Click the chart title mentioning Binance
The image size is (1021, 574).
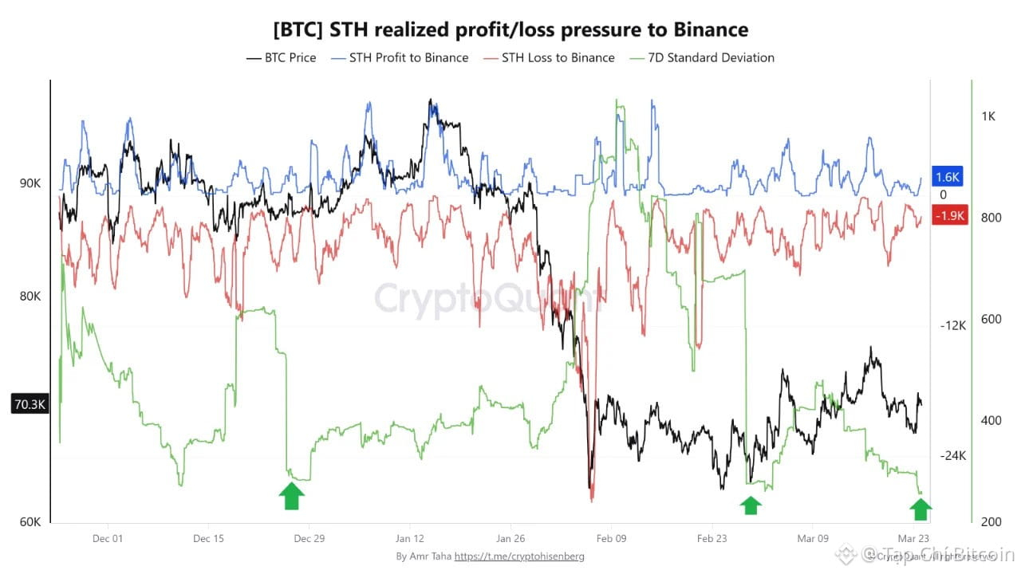(x=510, y=30)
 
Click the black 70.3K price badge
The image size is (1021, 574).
(x=30, y=404)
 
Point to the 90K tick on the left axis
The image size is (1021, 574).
(x=30, y=183)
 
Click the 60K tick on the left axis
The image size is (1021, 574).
(x=30, y=522)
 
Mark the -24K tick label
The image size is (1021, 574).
(x=952, y=456)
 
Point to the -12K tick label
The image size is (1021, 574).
(x=952, y=325)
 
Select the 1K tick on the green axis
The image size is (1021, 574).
(x=987, y=116)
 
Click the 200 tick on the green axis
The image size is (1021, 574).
(x=987, y=521)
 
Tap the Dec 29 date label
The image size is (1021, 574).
(x=309, y=538)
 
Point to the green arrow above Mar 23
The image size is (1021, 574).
(x=920, y=508)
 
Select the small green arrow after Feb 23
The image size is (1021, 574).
(x=750, y=505)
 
